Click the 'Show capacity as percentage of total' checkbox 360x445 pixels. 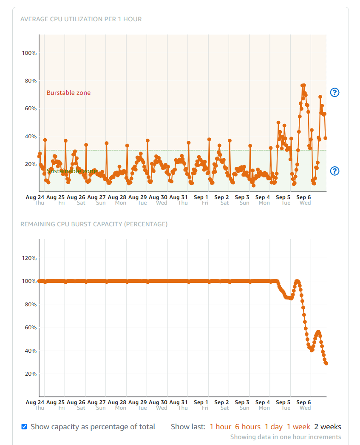coord(24,426)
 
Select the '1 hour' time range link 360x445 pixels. coord(220,427)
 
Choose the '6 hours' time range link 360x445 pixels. coord(248,427)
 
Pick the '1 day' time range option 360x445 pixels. coord(273,427)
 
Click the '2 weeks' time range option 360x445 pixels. coord(327,427)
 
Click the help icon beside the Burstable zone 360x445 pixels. coord(335,92)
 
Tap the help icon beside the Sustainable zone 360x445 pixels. coord(335,171)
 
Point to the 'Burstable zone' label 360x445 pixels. coord(68,93)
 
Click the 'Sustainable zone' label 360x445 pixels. coord(72,171)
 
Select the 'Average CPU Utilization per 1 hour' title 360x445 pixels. coord(81,19)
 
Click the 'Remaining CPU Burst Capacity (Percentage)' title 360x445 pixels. coord(94,224)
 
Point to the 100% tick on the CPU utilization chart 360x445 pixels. coord(29,53)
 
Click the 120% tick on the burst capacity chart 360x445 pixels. coord(29,258)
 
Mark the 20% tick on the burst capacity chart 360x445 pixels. coord(30,374)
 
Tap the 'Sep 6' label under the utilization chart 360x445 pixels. coord(303,197)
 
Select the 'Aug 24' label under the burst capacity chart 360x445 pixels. coord(35,402)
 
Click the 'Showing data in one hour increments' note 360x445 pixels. coord(285,437)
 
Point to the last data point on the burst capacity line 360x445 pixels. coord(326,363)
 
